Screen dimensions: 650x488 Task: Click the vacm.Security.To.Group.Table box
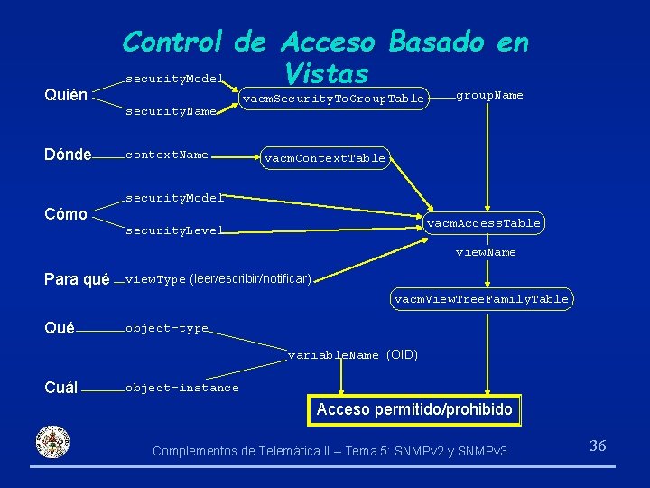pos(333,98)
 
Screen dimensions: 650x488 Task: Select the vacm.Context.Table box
pos(325,158)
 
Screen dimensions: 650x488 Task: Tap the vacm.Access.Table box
pos(483,222)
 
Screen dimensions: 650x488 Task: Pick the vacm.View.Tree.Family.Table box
pos(481,298)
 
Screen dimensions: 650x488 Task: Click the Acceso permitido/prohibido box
pos(414,409)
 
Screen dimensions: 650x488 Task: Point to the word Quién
pos(66,96)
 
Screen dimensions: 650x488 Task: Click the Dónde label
pos(68,155)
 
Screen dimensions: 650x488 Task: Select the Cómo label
pos(66,214)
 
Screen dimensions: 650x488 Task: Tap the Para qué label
pos(77,279)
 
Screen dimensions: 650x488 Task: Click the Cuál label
pos(60,388)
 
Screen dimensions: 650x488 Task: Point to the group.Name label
pos(489,95)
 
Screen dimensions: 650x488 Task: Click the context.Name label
pos(167,155)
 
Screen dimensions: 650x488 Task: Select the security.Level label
pos(174,230)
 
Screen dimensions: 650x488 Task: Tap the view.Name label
pos(486,252)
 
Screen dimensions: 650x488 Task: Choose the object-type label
pos(167,328)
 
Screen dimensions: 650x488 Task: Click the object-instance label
pos(182,388)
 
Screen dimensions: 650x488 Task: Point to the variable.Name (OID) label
pos(353,355)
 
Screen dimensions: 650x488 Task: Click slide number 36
pos(598,445)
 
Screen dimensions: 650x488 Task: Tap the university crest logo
pos(51,442)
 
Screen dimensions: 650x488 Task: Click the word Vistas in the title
pos(325,72)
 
